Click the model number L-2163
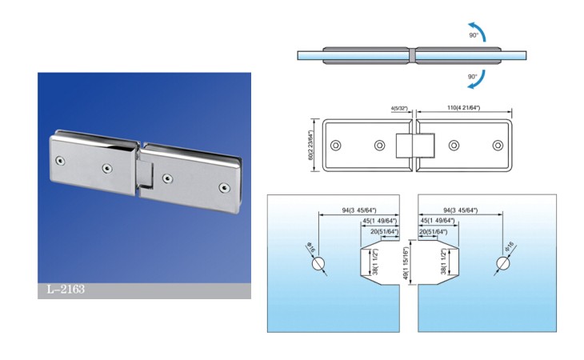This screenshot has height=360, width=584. point(66,290)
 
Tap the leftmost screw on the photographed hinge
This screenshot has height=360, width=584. point(60,161)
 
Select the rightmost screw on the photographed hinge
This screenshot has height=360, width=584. point(224,188)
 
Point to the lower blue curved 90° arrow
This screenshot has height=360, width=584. point(478,81)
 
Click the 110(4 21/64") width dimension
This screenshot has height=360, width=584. point(463,108)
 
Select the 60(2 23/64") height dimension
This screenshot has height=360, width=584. point(310,145)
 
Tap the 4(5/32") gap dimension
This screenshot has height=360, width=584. point(399,109)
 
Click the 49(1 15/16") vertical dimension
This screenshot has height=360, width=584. point(406,262)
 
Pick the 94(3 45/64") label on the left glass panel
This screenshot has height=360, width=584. point(359,210)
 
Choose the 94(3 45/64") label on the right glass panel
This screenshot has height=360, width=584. point(460,210)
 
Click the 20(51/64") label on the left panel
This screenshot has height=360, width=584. point(384,232)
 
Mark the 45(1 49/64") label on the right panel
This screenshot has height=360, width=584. point(438,221)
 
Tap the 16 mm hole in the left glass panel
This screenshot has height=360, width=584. point(318,264)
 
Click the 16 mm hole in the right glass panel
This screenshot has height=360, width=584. point(502,263)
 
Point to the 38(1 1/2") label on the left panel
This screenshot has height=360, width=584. point(375,262)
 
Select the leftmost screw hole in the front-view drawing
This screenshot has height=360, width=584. point(335,145)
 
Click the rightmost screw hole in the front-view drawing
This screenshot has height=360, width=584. point(498,145)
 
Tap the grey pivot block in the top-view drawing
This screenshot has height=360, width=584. point(412,55)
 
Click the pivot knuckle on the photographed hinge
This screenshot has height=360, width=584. point(145,174)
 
